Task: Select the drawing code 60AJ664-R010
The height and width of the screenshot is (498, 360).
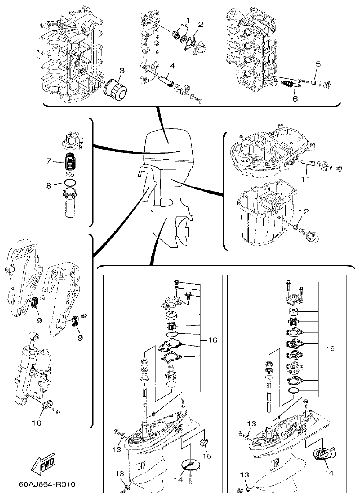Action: coord(47,484)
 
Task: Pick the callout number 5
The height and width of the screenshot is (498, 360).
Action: coord(318,64)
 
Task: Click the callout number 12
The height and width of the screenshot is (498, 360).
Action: coord(301,212)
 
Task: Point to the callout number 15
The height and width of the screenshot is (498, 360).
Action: coord(206,456)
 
